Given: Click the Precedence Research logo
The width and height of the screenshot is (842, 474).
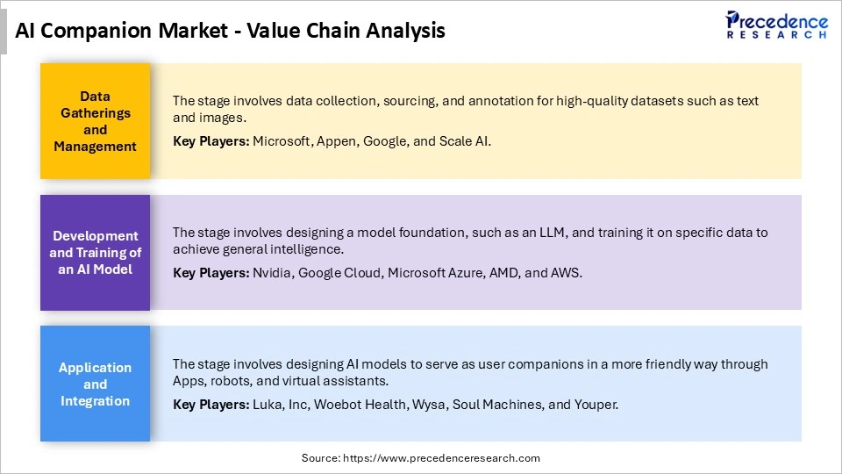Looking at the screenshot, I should (775, 25).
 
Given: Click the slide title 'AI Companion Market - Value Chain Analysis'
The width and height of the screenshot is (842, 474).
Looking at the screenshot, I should (231, 31).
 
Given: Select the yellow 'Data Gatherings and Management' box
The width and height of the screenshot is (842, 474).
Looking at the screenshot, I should (95, 121).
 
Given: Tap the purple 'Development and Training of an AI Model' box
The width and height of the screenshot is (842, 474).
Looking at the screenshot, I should (95, 253).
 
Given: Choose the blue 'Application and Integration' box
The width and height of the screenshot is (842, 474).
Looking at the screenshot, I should (95, 384).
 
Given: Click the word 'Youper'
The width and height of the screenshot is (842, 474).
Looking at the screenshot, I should (596, 405).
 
